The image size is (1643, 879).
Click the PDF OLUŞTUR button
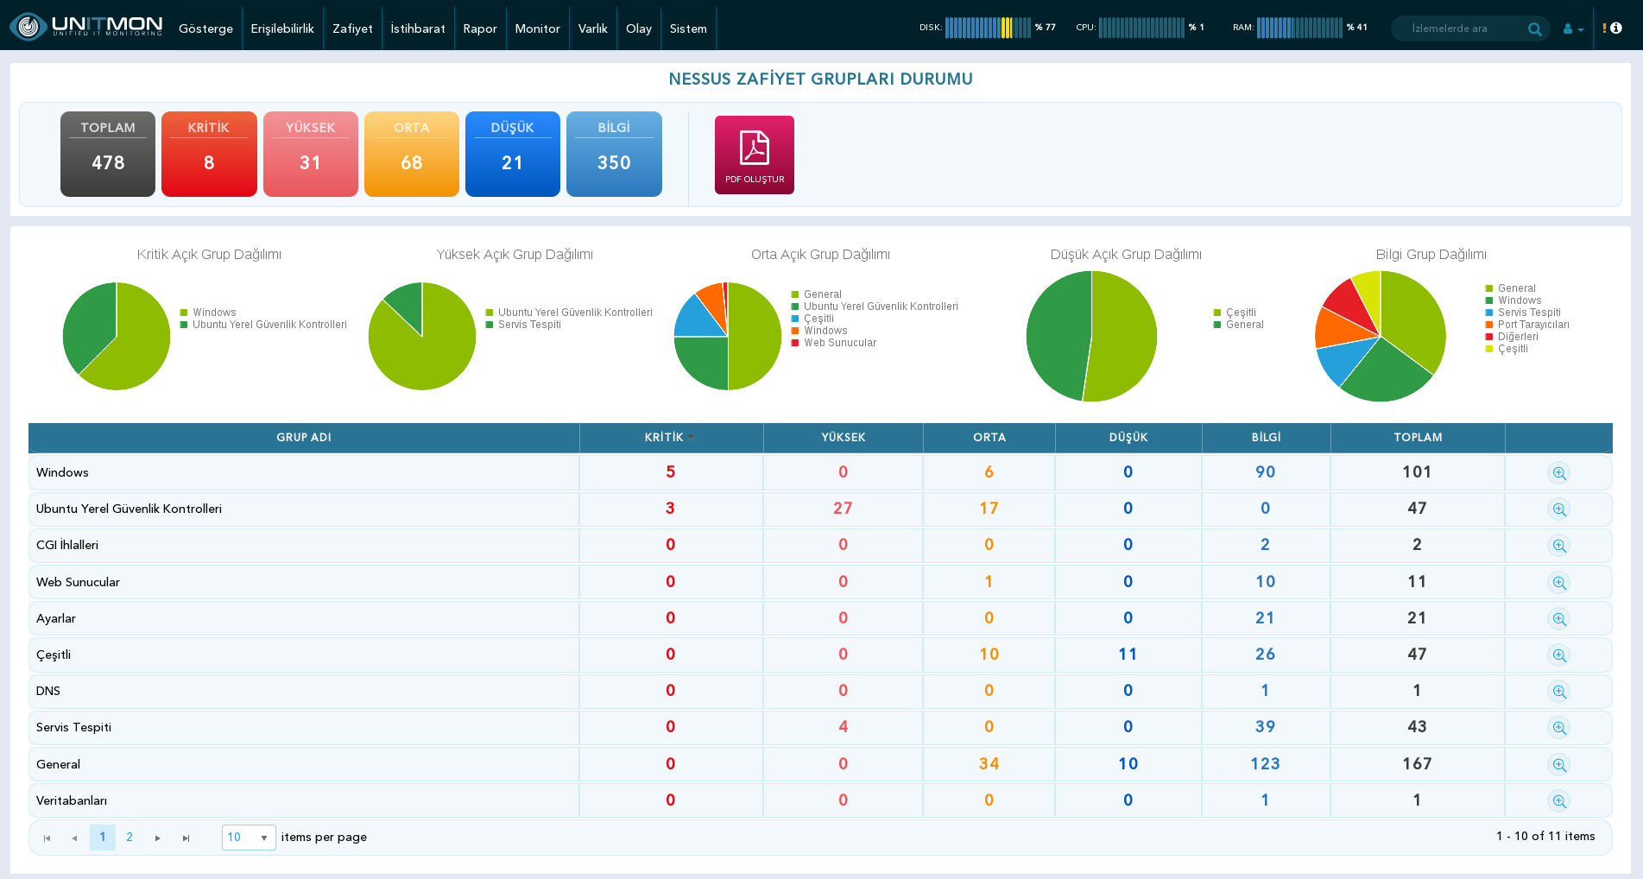pyautogui.click(x=754, y=155)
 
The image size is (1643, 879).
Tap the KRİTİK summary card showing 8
pyautogui.click(x=209, y=154)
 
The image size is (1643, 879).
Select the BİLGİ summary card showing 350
pyautogui.click(x=614, y=154)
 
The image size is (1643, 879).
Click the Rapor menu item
pyautogui.click(x=480, y=28)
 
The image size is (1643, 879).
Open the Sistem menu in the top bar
pyautogui.click(x=688, y=28)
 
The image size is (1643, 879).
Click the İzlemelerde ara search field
pyautogui.click(x=1459, y=28)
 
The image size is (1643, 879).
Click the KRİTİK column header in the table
pyautogui.click(x=664, y=437)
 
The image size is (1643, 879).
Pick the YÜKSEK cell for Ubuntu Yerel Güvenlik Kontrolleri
pyautogui.click(x=843, y=509)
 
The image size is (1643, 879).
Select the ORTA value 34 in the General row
pyautogui.click(x=989, y=763)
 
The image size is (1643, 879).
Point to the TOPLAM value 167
pyautogui.click(x=1417, y=763)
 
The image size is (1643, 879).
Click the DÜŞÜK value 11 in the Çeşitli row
pyautogui.click(x=1128, y=655)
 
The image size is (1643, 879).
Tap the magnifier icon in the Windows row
pyautogui.click(x=1558, y=473)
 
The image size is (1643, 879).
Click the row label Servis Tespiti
pyautogui.click(x=73, y=727)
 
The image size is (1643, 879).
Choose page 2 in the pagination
pyautogui.click(x=130, y=837)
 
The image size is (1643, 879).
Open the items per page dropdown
pyautogui.click(x=249, y=838)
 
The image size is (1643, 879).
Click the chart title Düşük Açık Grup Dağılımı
pyautogui.click(x=1126, y=254)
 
